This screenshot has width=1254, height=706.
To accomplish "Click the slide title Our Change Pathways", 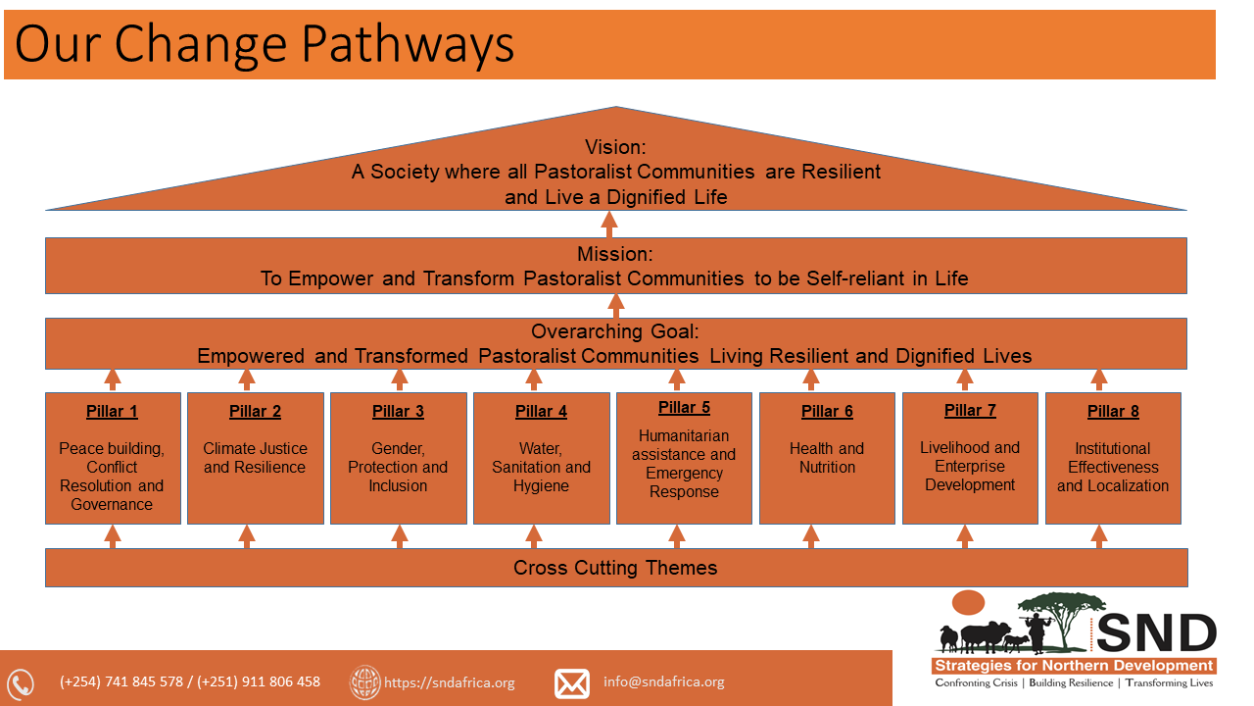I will click(x=265, y=44).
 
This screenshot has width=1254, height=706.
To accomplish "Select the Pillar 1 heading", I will click(x=113, y=412).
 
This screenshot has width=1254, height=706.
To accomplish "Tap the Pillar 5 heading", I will click(x=684, y=408).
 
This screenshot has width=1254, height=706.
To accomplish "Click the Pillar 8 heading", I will click(x=1113, y=412).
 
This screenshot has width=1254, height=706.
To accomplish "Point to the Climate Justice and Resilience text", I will click(x=255, y=458).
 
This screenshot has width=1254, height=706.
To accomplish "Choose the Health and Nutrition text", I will click(x=827, y=458).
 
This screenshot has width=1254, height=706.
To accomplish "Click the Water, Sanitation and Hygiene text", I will click(x=541, y=467).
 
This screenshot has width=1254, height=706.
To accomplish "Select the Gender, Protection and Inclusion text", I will click(x=398, y=467).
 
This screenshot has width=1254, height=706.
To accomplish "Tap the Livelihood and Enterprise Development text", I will click(x=970, y=466).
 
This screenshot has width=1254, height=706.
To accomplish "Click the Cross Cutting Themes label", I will click(x=615, y=568).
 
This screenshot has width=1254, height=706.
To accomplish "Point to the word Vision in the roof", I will click(x=615, y=148).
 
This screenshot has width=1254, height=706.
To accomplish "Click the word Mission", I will click(x=615, y=255).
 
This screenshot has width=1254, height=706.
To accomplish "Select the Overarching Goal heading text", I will click(x=615, y=332).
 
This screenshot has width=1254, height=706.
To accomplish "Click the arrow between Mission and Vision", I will click(x=615, y=225).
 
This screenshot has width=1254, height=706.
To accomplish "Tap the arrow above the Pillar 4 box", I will click(x=534, y=379).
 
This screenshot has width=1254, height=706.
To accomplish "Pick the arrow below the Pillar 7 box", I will click(x=965, y=535).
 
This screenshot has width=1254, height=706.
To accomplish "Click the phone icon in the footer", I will click(x=21, y=683).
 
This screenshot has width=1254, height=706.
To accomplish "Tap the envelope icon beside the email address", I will click(x=572, y=682).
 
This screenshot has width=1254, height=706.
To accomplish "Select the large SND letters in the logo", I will click(x=1156, y=633).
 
